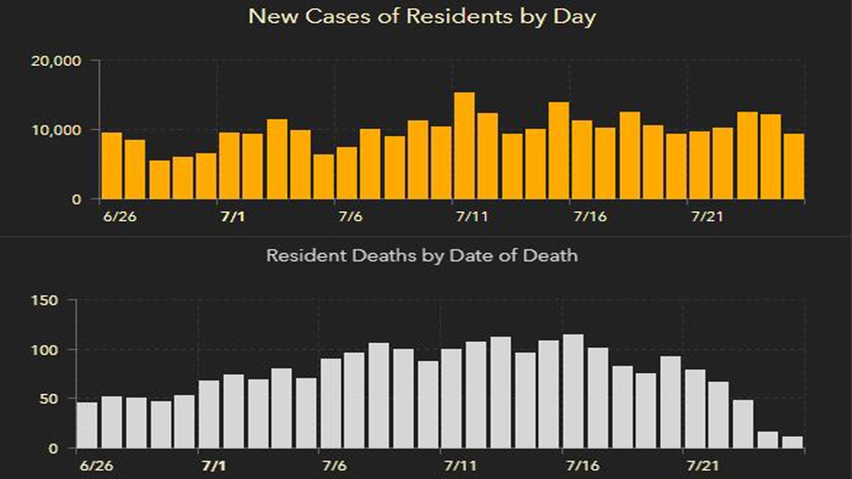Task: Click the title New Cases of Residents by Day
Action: [x=422, y=16]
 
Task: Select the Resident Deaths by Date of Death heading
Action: [x=422, y=255]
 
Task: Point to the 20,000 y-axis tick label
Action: [x=56, y=61]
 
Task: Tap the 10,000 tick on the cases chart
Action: [x=56, y=131]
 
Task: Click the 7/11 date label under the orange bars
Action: [x=472, y=217]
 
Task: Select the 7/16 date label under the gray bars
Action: [x=582, y=465]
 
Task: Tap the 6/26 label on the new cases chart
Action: [x=120, y=217]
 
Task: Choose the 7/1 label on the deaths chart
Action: [x=214, y=465]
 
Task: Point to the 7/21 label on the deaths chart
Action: [x=703, y=465]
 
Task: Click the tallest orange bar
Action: [x=464, y=145]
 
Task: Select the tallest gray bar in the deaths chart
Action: [x=573, y=391]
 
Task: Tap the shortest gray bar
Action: [x=793, y=442]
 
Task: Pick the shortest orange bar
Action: [x=159, y=180]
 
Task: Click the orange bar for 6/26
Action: [x=112, y=165]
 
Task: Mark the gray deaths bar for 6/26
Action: [x=87, y=425]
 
